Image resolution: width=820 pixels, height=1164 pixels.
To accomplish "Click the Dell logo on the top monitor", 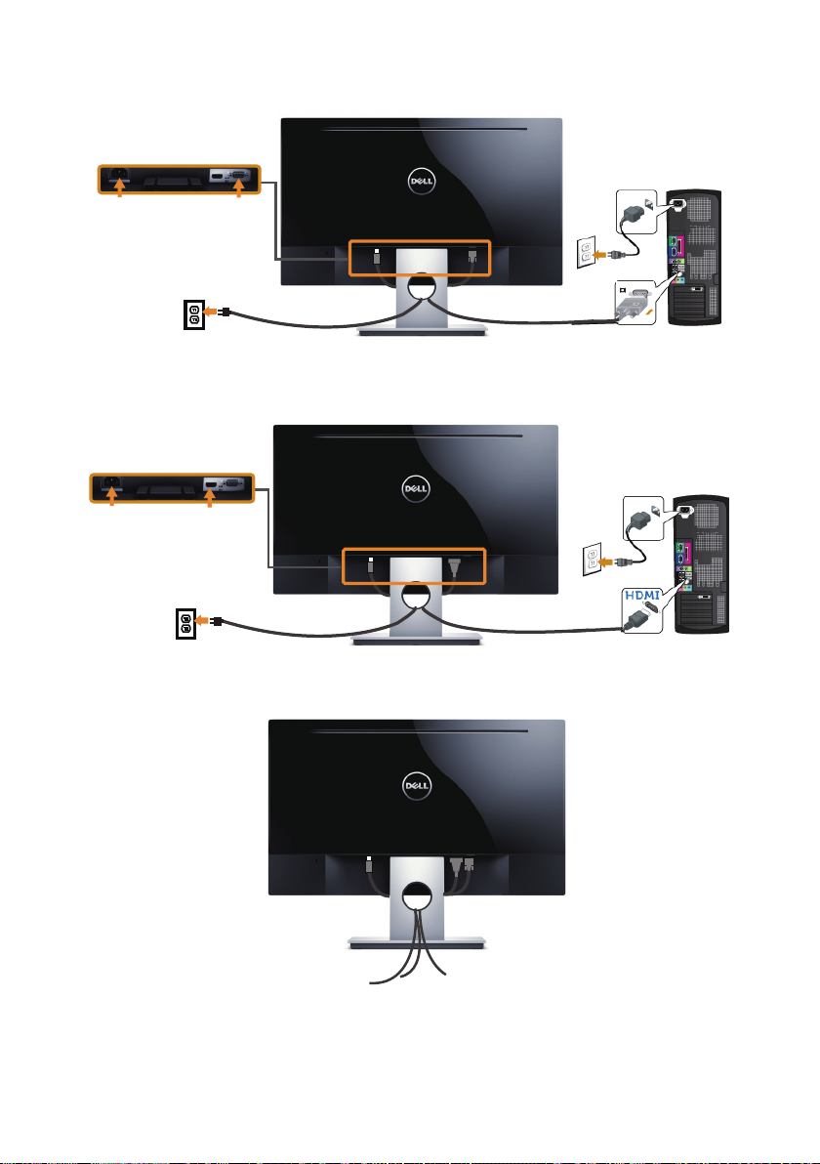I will (421, 181).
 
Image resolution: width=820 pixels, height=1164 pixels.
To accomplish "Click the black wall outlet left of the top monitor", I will (193, 313).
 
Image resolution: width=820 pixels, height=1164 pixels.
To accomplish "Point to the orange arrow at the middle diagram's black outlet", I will (200, 620).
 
